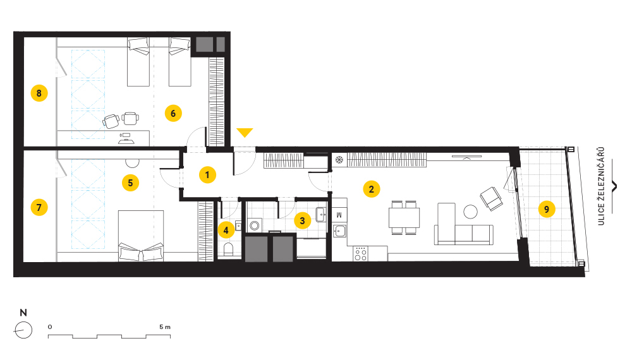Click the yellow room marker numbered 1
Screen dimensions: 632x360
207,175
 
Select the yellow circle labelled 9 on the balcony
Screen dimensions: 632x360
547,209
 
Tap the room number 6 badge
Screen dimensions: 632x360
173,113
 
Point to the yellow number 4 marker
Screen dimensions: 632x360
226,230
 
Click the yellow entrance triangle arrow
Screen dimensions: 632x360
245,132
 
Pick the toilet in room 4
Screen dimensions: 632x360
228,249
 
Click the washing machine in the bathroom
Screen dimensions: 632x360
254,225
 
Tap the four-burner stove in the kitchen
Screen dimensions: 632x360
360,254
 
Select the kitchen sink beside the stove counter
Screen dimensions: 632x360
340,231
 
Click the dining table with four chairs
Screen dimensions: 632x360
404,217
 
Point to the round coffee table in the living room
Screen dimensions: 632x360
470,212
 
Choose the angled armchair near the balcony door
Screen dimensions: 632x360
491,198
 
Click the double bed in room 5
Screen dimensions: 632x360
141,236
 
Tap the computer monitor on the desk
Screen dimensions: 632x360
126,135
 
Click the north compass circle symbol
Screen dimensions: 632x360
23,330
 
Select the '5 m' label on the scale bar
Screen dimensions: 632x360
165,327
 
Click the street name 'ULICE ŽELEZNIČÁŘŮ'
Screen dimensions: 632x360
601,186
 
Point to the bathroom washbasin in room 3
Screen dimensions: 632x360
321,214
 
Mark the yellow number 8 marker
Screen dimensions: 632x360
39,93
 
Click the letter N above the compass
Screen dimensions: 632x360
23,313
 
